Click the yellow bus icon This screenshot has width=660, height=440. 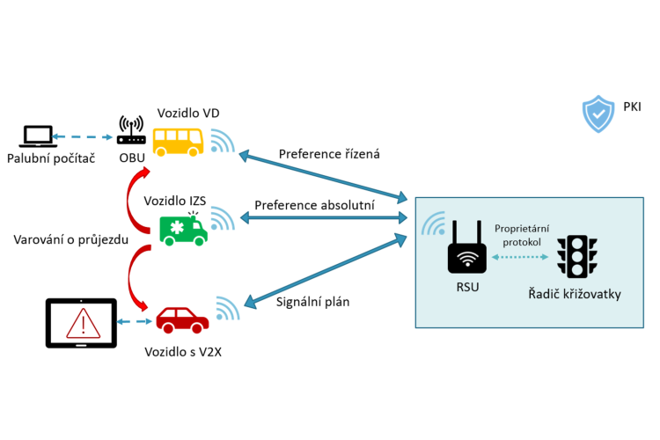point(179,141)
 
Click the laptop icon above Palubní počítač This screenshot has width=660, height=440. point(38,136)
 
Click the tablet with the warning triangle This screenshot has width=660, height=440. point(81,323)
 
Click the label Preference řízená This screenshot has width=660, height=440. point(329,154)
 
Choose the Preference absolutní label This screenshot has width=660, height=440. point(314,205)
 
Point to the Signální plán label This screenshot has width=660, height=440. point(312,302)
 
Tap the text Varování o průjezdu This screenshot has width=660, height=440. point(72,239)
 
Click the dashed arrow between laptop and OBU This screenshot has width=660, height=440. point(84,137)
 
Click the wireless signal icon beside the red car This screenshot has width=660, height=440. point(226,310)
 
